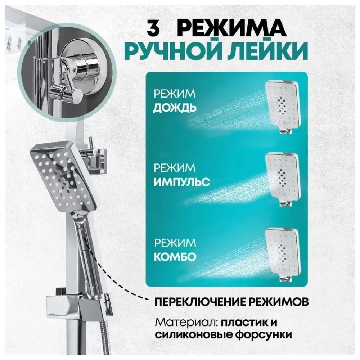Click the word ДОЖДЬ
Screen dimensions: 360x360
coord(175,108)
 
